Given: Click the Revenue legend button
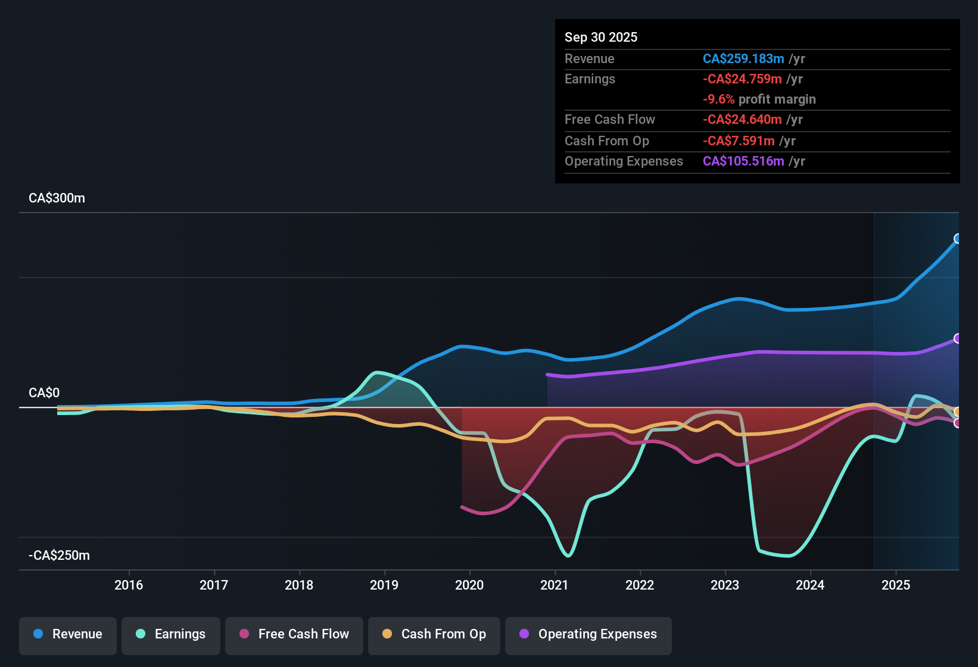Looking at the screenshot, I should pyautogui.click(x=68, y=634).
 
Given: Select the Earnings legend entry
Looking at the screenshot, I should pyautogui.click(x=171, y=634).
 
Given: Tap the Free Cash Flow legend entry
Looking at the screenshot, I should pyautogui.click(x=294, y=634).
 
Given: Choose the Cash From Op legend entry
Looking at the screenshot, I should pyautogui.click(x=434, y=634).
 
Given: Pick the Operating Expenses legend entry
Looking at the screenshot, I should pyautogui.click(x=588, y=634).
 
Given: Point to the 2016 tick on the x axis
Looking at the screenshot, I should pyautogui.click(x=129, y=585).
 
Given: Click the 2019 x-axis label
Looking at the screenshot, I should pyautogui.click(x=384, y=585).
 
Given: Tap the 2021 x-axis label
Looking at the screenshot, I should pyautogui.click(x=555, y=585).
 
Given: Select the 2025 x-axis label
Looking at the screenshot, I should pyautogui.click(x=896, y=585).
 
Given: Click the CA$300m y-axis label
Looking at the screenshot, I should pyautogui.click(x=57, y=198).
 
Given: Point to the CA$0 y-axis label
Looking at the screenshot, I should pyautogui.click(x=44, y=393).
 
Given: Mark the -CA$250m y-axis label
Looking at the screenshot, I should pyautogui.click(x=60, y=556).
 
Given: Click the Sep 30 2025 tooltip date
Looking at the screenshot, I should pyautogui.click(x=601, y=38).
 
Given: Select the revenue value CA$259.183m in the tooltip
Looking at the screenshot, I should pyautogui.click(x=743, y=59).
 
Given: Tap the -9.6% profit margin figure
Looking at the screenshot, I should pyautogui.click(x=718, y=99).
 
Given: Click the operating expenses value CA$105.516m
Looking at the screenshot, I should pyautogui.click(x=743, y=161).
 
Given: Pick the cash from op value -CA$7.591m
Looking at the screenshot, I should pyautogui.click(x=739, y=141).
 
